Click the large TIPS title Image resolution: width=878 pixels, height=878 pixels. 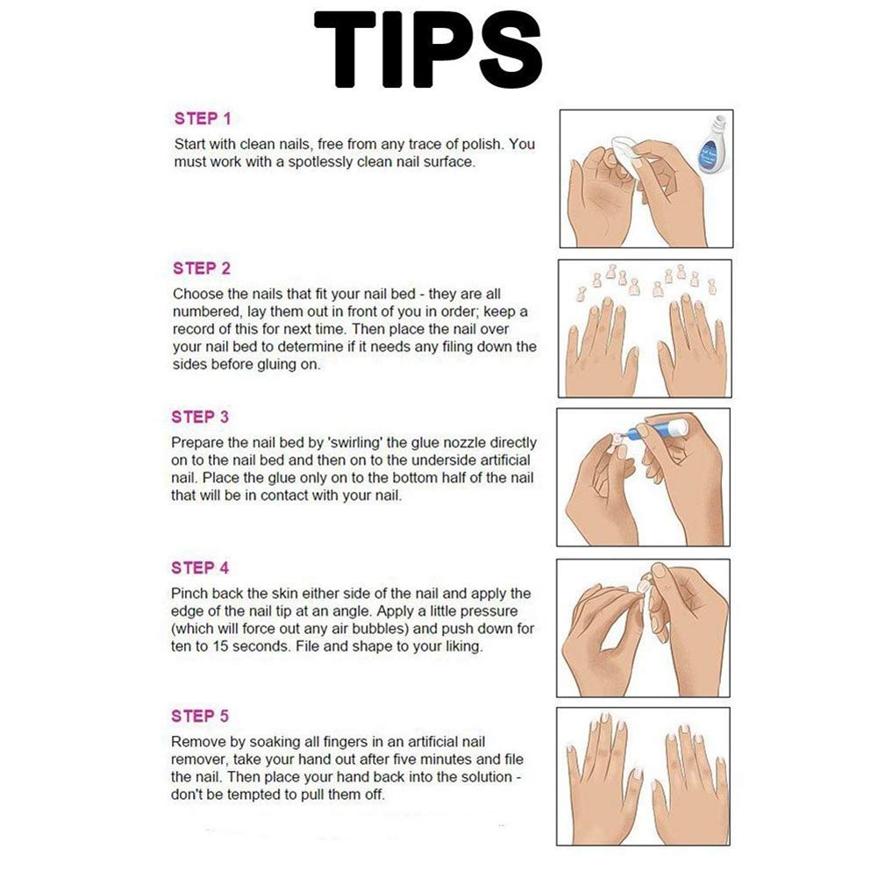coord(428,49)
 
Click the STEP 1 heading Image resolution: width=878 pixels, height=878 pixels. coord(203,118)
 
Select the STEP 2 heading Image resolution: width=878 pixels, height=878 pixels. coord(202,268)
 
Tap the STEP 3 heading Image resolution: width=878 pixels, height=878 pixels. coord(200,418)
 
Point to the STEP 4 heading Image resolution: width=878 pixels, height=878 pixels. coord(200,567)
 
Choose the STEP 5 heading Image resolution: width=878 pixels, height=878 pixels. coord(200,717)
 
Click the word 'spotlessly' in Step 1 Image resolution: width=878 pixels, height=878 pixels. coord(319,162)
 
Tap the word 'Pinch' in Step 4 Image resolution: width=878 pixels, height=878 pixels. coord(188,593)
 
